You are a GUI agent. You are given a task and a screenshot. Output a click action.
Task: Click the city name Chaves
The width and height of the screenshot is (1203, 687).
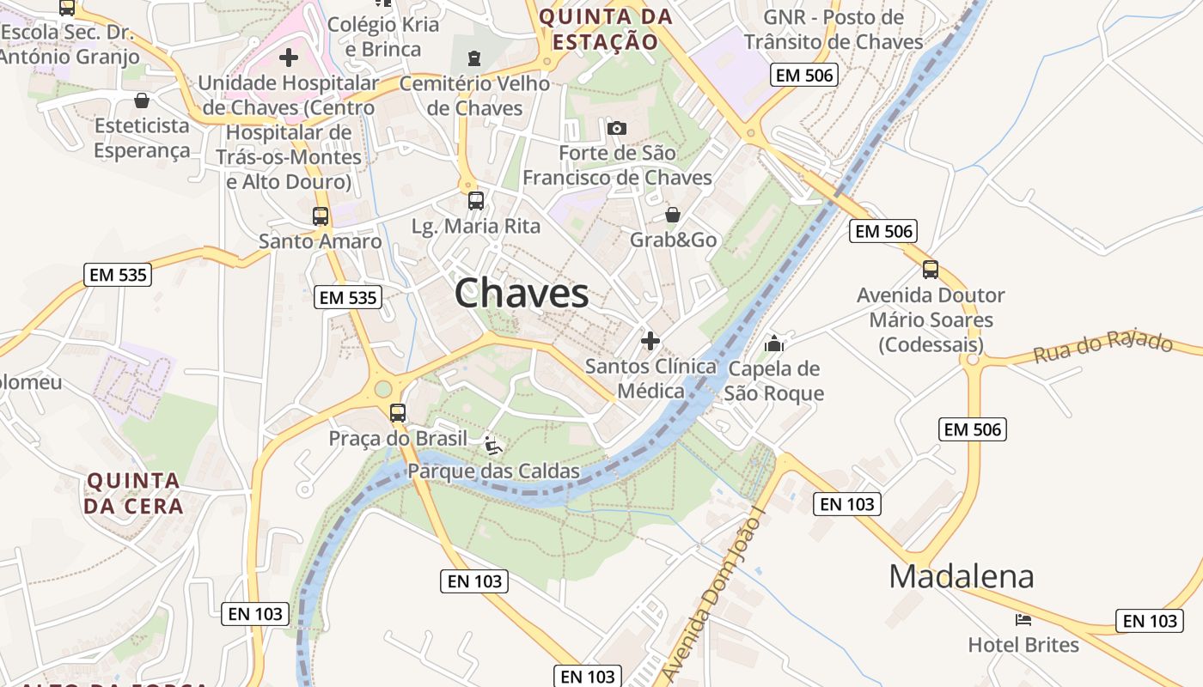click(x=522, y=294)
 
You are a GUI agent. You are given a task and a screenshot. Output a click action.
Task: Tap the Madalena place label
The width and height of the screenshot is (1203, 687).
click(x=961, y=576)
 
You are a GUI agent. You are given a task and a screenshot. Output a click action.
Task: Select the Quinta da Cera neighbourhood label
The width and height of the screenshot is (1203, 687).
click(x=134, y=493)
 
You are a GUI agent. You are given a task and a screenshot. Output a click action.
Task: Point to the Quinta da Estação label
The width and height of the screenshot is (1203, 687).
click(x=605, y=29)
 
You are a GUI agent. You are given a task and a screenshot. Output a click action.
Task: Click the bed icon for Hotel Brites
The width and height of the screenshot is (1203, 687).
click(x=1023, y=619)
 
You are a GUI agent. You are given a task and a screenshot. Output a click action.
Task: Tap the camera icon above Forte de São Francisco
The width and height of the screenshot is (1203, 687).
click(x=616, y=129)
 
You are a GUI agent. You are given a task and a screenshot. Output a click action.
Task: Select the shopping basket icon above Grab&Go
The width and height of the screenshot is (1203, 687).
click(x=673, y=215)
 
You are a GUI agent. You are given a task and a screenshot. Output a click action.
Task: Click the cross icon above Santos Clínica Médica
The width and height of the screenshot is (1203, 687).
click(x=650, y=341)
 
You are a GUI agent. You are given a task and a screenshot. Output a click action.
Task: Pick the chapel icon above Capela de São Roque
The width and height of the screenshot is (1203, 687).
click(x=774, y=343)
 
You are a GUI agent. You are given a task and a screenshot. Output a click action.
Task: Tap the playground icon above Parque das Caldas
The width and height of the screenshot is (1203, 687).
click(x=493, y=445)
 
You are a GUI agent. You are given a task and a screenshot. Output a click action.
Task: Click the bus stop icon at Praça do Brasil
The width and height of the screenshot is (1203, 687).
click(x=397, y=412)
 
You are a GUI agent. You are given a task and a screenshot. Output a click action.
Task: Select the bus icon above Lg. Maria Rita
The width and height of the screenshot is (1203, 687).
click(x=475, y=201)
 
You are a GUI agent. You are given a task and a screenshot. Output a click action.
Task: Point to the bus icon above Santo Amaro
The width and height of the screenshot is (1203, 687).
click(x=321, y=216)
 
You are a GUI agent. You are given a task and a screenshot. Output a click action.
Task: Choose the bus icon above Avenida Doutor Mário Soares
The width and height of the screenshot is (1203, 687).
click(x=931, y=270)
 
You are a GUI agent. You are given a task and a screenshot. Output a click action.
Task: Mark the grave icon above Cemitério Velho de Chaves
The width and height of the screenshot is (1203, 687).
click(x=474, y=58)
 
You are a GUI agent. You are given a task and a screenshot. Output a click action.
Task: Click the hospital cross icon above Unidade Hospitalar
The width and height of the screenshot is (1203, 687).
click(x=289, y=58)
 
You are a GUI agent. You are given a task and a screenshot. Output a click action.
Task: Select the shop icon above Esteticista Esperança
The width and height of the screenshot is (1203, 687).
click(x=142, y=100)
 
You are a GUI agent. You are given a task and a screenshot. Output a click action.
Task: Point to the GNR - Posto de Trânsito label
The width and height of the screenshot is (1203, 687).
click(x=834, y=29)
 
